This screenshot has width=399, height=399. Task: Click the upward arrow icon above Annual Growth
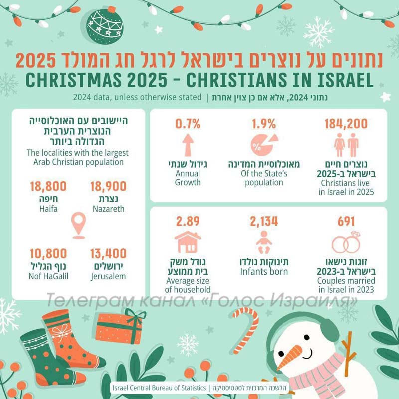(x=188, y=144)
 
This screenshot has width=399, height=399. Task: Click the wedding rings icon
(x=346, y=243)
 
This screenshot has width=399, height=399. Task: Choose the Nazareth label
(x=108, y=209)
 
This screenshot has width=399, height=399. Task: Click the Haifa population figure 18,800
(x=47, y=187)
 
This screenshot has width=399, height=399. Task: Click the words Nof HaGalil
(x=47, y=276)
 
